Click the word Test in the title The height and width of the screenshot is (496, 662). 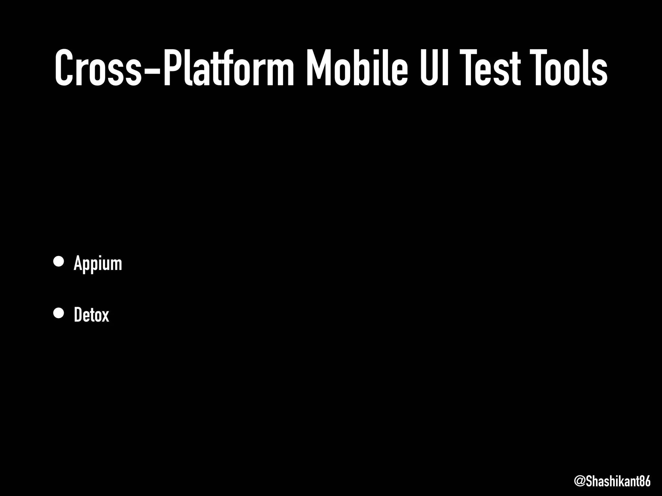(492, 68)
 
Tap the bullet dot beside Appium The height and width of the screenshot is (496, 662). (59, 262)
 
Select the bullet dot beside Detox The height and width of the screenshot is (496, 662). (59, 313)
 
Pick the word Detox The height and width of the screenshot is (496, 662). (91, 315)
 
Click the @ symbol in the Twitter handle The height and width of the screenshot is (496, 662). (580, 481)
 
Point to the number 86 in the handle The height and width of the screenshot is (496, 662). (645, 481)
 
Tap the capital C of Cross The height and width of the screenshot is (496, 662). (67, 68)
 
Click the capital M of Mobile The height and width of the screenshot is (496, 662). (318, 68)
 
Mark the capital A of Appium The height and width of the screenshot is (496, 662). (78, 263)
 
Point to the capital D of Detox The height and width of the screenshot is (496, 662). (78, 315)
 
